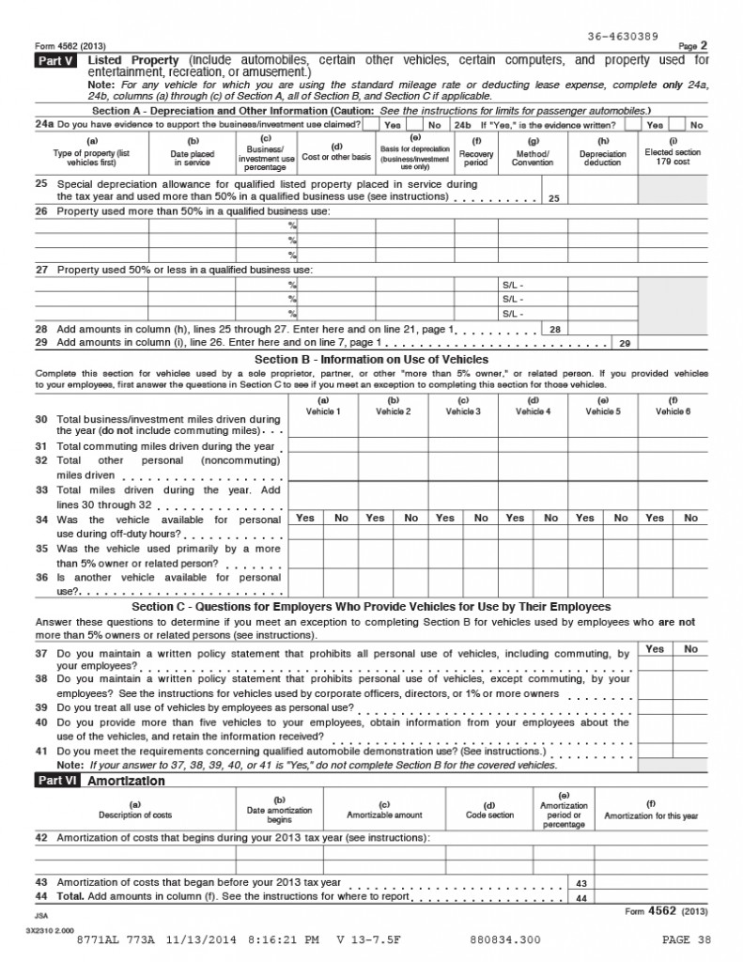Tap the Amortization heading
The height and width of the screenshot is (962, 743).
click(x=126, y=781)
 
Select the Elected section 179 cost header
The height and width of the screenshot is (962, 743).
click(x=673, y=156)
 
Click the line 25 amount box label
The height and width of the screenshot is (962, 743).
click(x=554, y=199)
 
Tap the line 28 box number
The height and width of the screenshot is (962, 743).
click(x=554, y=330)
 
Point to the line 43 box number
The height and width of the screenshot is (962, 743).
click(x=580, y=883)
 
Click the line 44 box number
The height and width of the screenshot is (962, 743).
click(x=580, y=897)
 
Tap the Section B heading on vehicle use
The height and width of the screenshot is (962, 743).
click(x=371, y=359)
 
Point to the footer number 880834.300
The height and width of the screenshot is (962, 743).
click(x=504, y=939)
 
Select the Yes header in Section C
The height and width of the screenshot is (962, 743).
click(x=655, y=649)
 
